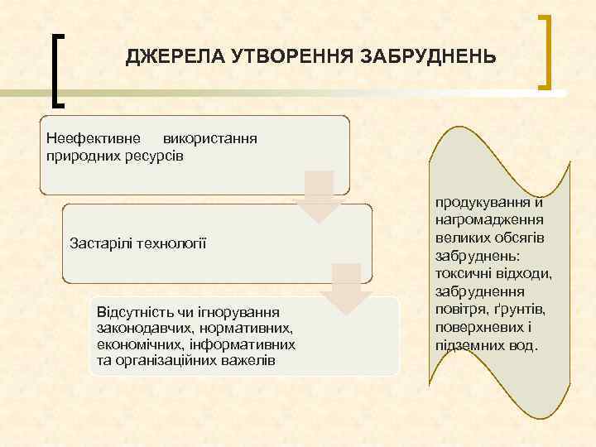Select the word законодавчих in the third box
[138, 328]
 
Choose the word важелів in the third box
[243, 361]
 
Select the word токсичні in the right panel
[459, 273]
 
